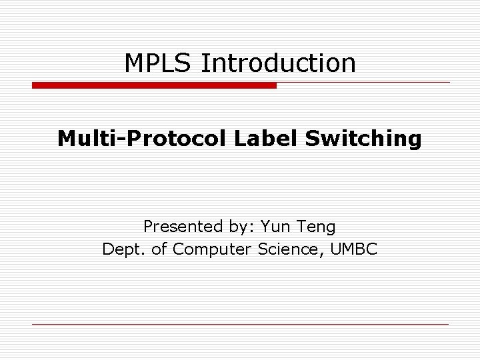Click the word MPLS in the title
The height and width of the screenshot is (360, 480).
coord(158,63)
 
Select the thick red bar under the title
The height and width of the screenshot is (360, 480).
coord(154,85)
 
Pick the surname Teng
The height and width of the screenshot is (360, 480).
coord(317,228)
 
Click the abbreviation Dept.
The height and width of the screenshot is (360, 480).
coord(121,250)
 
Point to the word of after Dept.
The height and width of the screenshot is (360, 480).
coord(158,249)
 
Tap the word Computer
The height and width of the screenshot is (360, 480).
coord(210,250)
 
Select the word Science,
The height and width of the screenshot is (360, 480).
coord(288,249)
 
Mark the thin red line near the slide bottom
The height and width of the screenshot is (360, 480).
coord(240,324)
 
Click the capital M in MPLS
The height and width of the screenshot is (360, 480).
coord(134,63)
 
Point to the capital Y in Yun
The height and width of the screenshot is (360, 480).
coord(265,227)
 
